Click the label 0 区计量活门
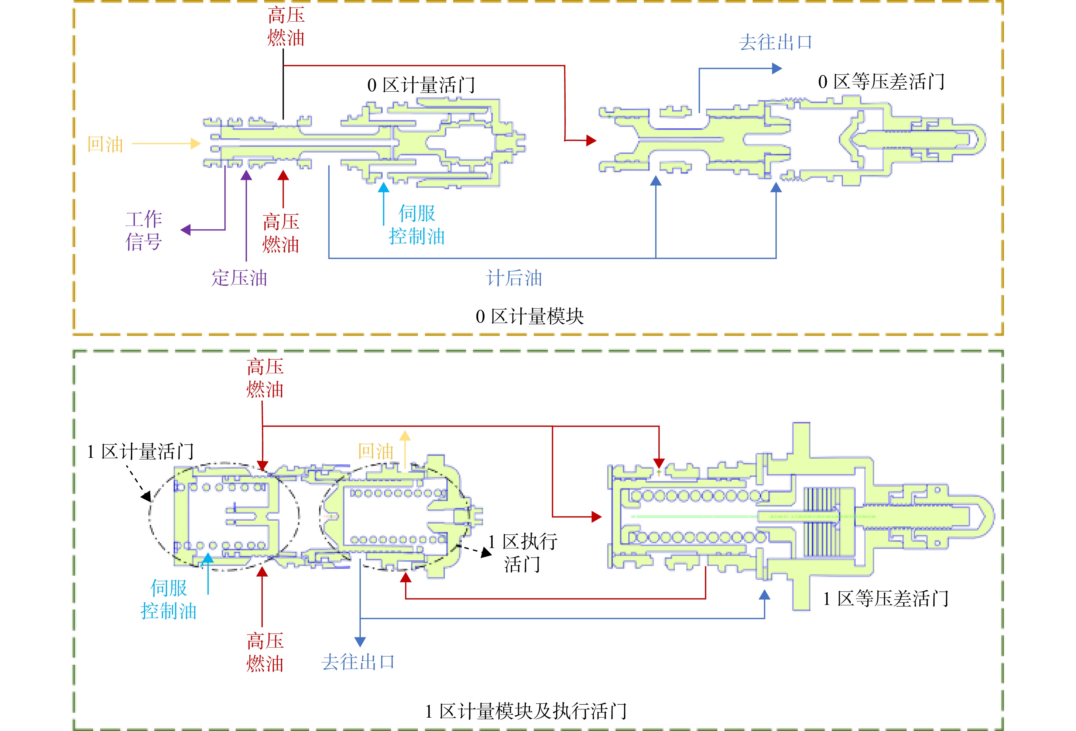pyautogui.click(x=421, y=85)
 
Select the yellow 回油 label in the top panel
pyautogui.click(x=106, y=145)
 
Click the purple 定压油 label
pyautogui.click(x=239, y=278)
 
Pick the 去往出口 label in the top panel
pyautogui.click(x=775, y=42)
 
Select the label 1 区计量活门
pyautogui.click(x=140, y=451)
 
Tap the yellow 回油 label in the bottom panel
pyautogui.click(x=375, y=451)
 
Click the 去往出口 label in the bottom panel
pyautogui.click(x=358, y=662)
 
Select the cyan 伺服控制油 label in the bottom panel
pyautogui.click(x=169, y=600)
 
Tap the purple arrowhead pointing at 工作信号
pyautogui.click(x=186, y=230)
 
